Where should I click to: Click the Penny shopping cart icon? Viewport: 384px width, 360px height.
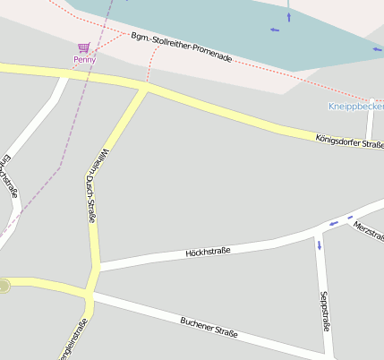point(84,47)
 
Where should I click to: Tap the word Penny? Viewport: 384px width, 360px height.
point(84,60)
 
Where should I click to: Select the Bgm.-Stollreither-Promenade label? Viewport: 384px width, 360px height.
point(181,48)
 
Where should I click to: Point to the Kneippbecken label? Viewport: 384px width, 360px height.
point(356,107)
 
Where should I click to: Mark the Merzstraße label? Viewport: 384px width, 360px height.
point(368,229)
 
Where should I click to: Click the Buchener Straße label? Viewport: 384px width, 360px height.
point(209,327)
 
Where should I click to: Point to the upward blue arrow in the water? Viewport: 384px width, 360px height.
point(288,14)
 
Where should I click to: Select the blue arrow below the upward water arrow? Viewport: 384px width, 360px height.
point(274,30)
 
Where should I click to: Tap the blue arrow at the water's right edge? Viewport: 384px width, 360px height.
point(377,49)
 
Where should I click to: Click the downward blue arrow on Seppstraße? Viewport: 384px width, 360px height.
point(319,244)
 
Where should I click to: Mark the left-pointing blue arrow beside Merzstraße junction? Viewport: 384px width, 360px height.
point(334,222)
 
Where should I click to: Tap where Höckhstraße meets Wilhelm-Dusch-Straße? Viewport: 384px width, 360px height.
point(95,266)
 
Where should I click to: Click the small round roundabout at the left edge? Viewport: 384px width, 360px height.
point(4,286)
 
